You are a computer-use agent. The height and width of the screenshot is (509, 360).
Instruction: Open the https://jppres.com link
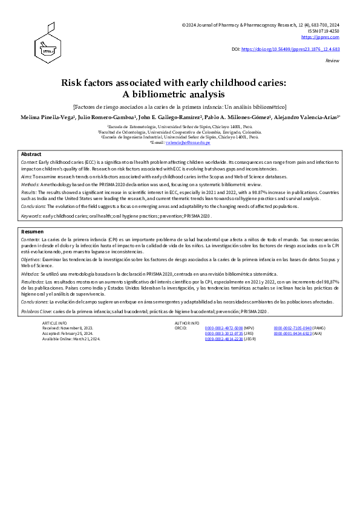point(327,37)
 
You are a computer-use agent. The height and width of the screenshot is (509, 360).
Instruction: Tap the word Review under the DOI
point(332,61)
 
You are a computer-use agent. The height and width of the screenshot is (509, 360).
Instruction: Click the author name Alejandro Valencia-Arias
point(304,116)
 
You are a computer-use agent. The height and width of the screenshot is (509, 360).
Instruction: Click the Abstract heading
point(31,155)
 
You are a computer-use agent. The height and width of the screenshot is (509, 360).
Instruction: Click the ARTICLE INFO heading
point(55,323)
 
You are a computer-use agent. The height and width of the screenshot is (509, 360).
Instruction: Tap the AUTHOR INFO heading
point(187,323)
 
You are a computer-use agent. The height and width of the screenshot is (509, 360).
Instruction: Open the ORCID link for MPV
point(223,328)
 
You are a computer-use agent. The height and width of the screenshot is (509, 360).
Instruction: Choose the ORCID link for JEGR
point(223,339)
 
